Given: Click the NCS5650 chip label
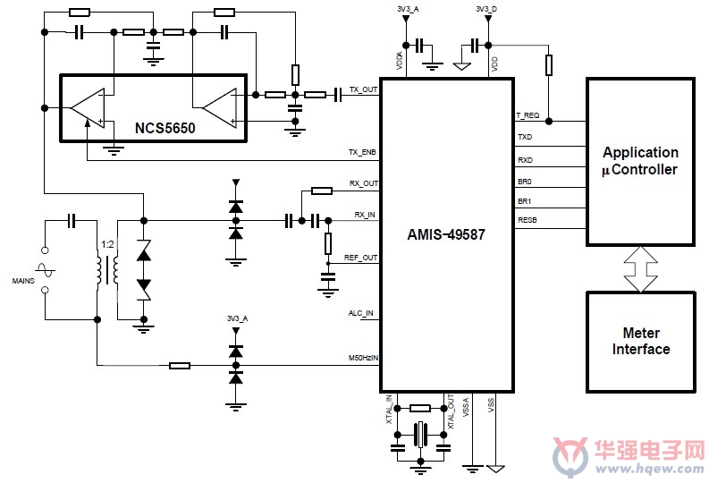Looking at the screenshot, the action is (165, 128).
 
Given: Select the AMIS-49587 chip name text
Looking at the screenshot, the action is (446, 234).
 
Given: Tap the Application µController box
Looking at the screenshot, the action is (640, 162).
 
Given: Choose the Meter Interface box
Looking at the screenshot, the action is (641, 342).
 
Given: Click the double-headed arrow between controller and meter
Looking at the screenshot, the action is (640, 269).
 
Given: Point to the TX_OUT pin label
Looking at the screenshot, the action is (363, 89).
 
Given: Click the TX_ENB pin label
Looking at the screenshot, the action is (362, 152).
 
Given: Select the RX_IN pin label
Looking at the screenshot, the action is (365, 215).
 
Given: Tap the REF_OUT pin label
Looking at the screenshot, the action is (360, 258).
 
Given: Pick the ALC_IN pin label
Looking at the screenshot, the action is (361, 313).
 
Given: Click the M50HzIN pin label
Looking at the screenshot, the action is (363, 358).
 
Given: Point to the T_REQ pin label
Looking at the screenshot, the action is (528, 115).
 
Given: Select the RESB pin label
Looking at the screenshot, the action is (528, 220).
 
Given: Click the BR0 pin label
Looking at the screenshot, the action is (525, 182).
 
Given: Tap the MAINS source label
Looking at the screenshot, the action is (23, 281).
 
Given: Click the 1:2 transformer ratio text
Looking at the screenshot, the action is (107, 245).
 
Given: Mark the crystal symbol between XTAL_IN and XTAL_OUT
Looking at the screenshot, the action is (420, 435).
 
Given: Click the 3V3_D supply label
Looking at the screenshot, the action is (486, 9).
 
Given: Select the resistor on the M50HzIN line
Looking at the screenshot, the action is (180, 366).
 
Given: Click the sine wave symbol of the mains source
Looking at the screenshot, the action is (45, 270).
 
